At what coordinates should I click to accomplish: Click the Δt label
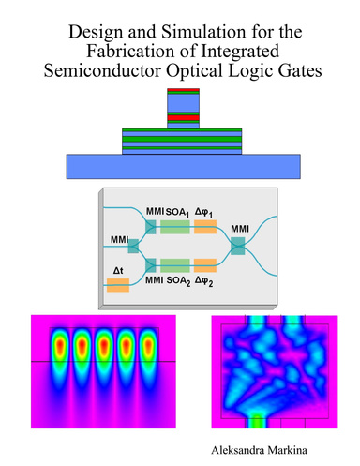click(118, 270)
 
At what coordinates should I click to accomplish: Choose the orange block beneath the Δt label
click(118, 284)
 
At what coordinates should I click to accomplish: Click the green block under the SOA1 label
click(175, 226)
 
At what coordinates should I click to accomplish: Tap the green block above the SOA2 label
click(175, 264)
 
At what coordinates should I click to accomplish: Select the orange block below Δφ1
click(205, 226)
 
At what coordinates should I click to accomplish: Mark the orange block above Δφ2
click(205, 264)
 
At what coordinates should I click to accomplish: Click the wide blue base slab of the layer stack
click(183, 167)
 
